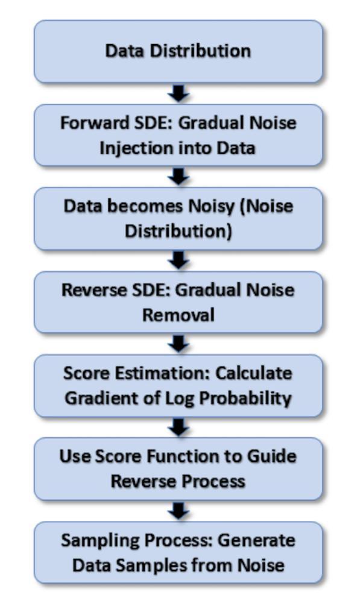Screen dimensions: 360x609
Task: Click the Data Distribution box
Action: pos(178,51)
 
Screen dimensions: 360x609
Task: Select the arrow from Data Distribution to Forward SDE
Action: pos(178,93)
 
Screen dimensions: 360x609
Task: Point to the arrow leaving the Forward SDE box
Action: pos(178,177)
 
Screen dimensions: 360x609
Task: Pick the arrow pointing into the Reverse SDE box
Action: pos(178,260)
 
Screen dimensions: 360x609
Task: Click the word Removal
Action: pos(178,315)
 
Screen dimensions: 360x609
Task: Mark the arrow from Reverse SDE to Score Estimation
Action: pos(178,344)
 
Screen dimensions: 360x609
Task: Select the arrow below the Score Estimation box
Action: pos(178,428)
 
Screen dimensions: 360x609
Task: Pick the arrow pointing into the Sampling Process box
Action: pos(178,511)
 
